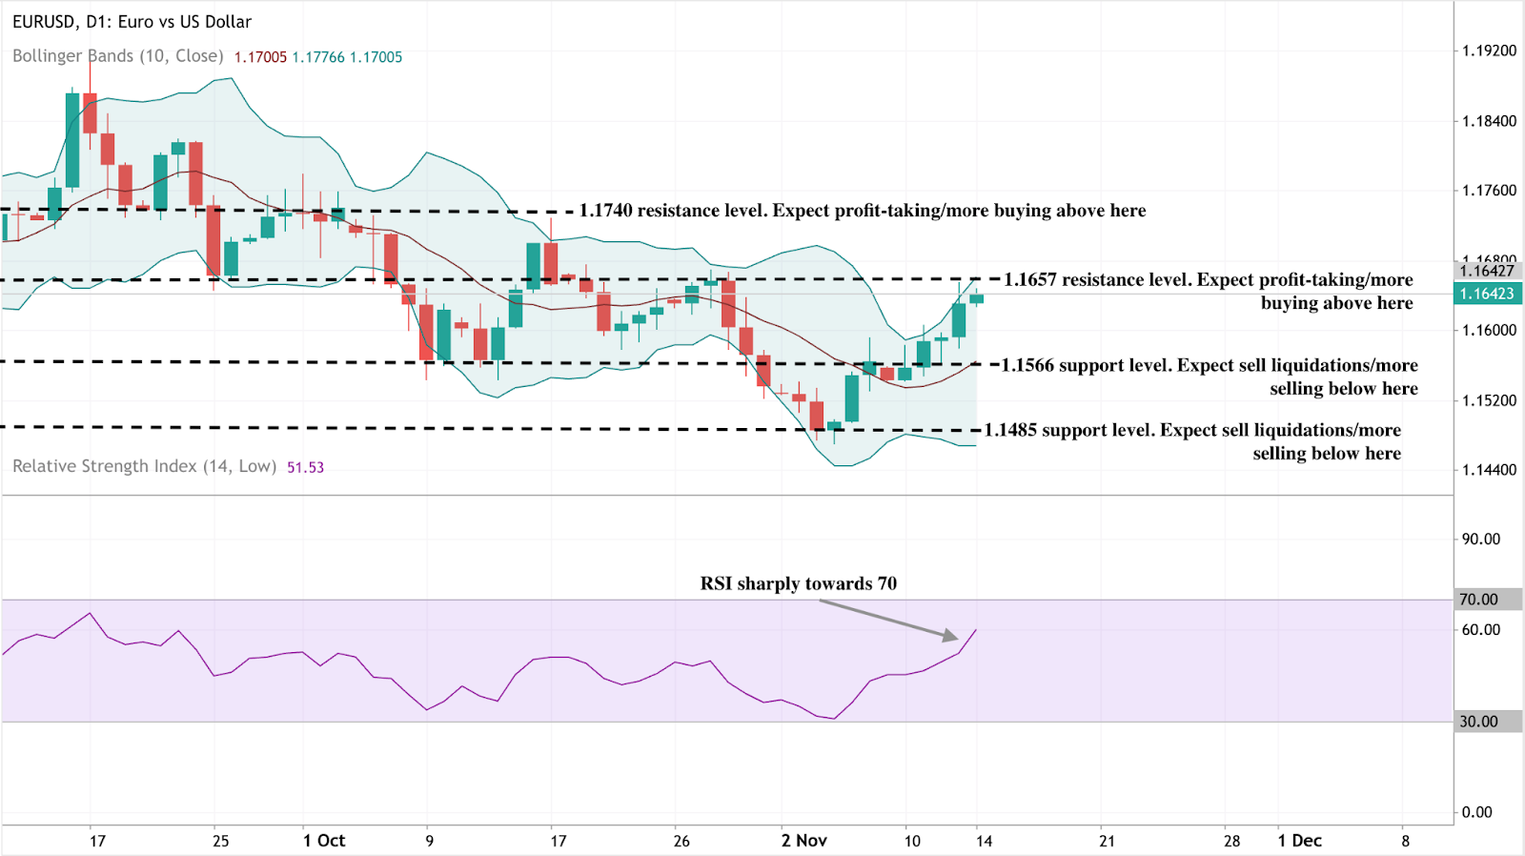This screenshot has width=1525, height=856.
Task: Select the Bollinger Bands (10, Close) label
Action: click(x=117, y=56)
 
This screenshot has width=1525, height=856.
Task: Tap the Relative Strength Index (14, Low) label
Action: click(x=144, y=466)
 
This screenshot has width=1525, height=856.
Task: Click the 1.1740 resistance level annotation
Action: click(x=862, y=211)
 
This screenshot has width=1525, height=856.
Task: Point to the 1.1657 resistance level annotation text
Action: click(x=1209, y=290)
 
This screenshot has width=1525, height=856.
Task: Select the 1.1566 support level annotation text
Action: click(x=1209, y=376)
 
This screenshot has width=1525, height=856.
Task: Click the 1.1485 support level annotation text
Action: click(x=1192, y=440)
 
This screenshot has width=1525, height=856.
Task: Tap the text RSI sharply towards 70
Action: click(x=798, y=583)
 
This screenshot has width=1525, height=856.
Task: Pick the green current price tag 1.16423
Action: click(x=1487, y=294)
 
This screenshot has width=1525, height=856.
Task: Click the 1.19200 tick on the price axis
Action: click(x=1489, y=51)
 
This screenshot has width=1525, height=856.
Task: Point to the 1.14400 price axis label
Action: click(x=1489, y=470)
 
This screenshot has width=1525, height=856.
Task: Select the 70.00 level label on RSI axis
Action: click(x=1478, y=600)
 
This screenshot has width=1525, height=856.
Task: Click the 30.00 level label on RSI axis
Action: click(x=1478, y=722)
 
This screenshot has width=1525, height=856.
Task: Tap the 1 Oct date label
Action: click(x=324, y=841)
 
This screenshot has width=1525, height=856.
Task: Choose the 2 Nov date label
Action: click(x=803, y=841)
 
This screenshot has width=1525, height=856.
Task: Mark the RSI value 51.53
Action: click(x=305, y=467)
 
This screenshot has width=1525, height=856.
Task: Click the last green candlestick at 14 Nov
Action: click(x=976, y=298)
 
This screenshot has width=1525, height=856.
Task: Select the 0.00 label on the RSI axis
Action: click(x=1476, y=812)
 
